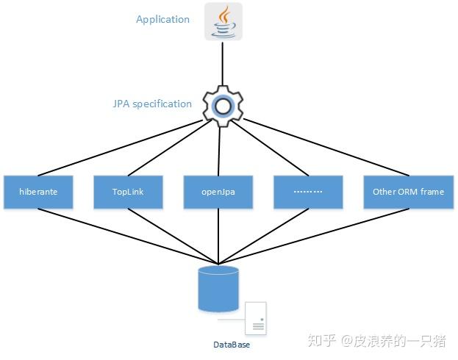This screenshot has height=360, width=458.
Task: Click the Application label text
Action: click(162, 20)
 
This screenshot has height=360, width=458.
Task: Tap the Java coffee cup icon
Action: click(223, 21)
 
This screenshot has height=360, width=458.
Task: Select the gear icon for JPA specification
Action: click(221, 107)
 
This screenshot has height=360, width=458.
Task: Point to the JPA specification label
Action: click(151, 104)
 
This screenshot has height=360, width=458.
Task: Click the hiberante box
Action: click(39, 192)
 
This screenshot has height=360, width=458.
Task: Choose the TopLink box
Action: click(129, 192)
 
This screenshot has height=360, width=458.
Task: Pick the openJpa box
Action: click(218, 192)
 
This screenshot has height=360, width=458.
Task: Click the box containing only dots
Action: click(308, 192)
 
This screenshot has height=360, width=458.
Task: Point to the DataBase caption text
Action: click(232, 345)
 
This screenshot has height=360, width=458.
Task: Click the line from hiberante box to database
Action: click(125, 236)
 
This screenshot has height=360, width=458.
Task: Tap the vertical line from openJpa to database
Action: click(219, 235)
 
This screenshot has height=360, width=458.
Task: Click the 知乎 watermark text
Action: click(322, 341)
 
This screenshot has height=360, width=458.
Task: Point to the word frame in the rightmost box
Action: click(432, 192)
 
